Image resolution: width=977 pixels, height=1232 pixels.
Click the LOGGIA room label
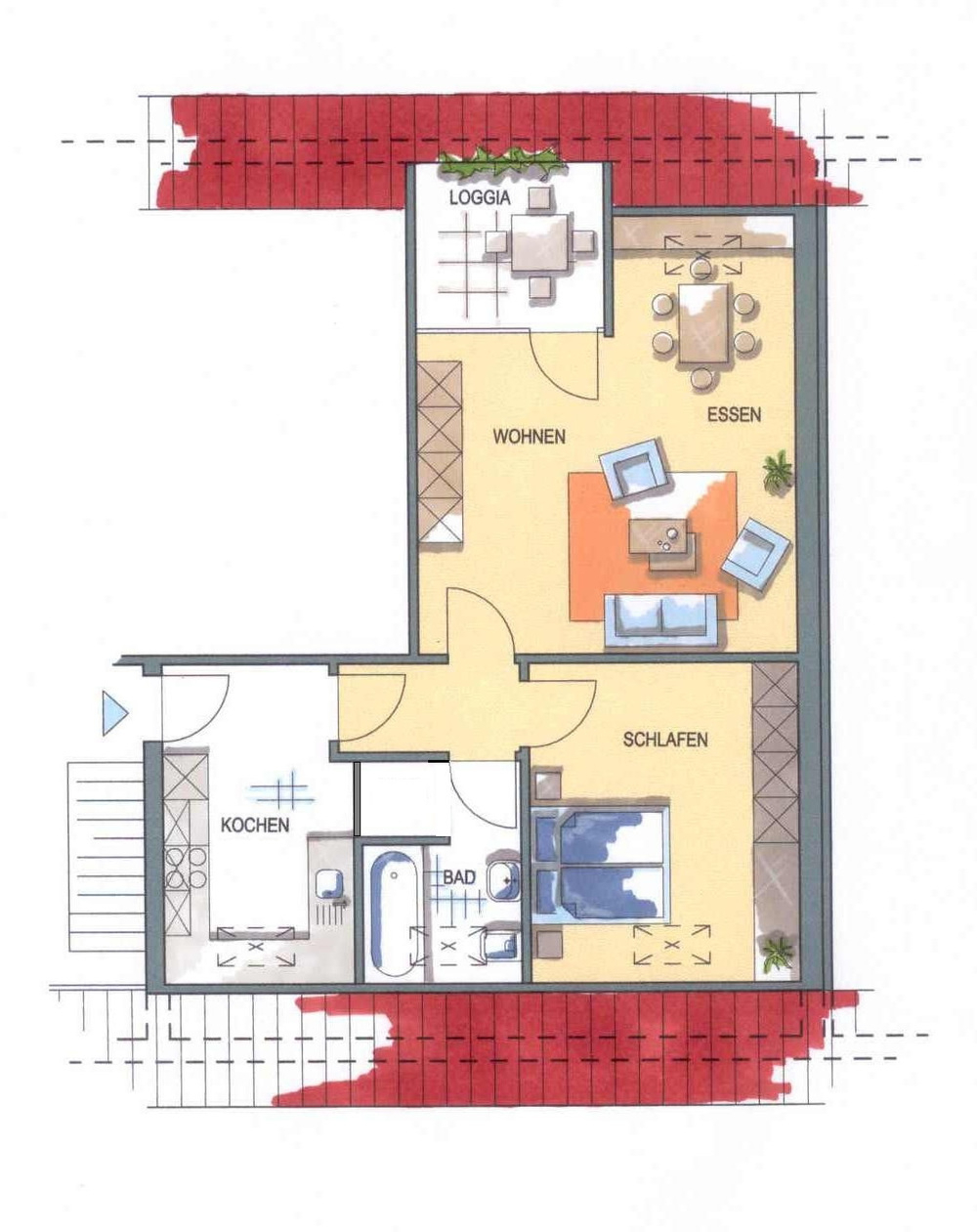point(480,198)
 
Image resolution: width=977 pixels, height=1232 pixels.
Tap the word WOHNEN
point(530,437)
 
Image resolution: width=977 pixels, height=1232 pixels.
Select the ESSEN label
point(734,414)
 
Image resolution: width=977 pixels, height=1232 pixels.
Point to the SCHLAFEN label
point(665,739)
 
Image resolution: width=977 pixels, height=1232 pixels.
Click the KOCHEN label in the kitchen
point(255,825)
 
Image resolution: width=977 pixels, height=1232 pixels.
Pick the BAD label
point(459,877)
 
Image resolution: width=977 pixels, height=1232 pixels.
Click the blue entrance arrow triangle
point(114,713)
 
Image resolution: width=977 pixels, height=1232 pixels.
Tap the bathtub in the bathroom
point(394,914)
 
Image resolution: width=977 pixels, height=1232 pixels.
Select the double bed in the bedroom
point(601,865)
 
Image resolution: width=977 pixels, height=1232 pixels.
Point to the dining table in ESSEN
point(705,323)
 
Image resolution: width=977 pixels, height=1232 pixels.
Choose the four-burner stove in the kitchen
point(186,869)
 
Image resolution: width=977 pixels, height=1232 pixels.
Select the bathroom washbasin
point(503,877)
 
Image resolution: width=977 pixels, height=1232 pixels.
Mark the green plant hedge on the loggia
point(502,161)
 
